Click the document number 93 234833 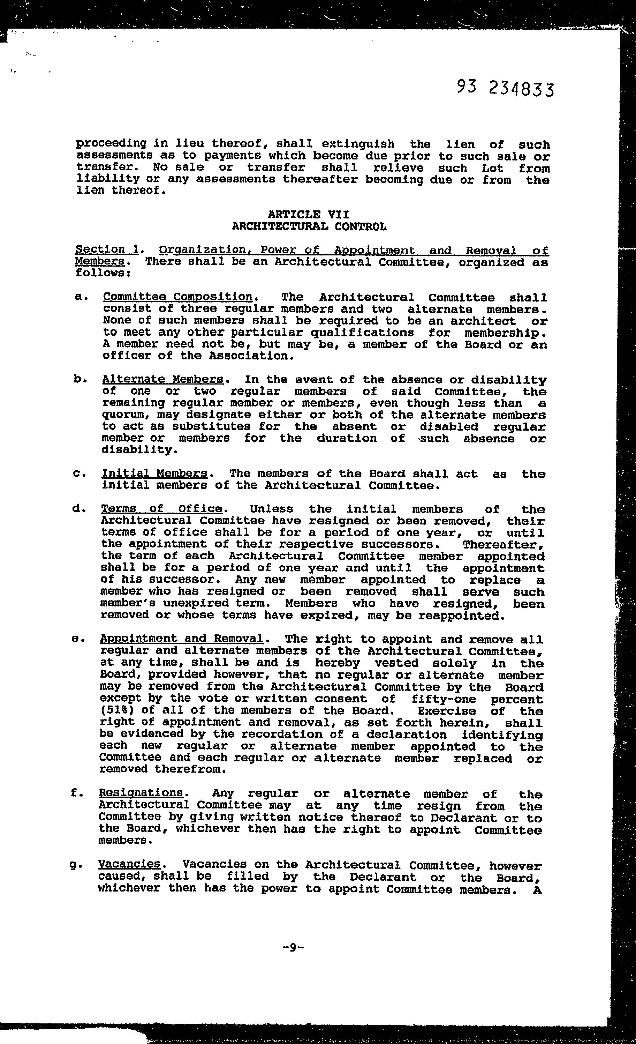click(505, 89)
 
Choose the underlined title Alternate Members click(163, 379)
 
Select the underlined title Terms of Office click(162, 508)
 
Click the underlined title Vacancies click(129, 864)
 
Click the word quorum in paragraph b click(123, 415)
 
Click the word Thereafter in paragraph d click(502, 544)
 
